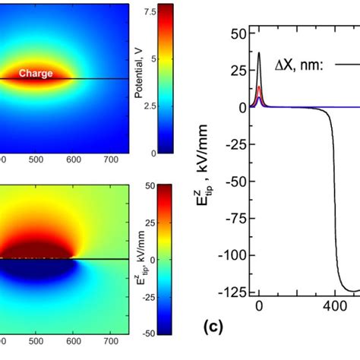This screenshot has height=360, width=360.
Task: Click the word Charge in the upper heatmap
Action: pyautogui.click(x=36, y=74)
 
